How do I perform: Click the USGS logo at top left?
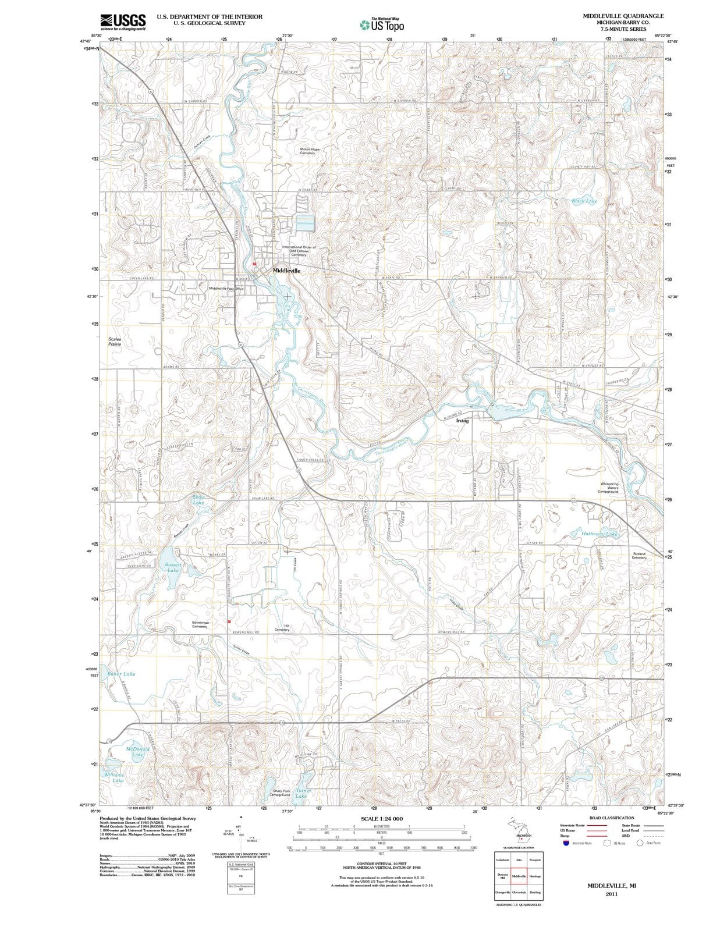[x=123, y=22]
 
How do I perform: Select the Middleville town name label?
[x=287, y=271]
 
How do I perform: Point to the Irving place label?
[x=462, y=420]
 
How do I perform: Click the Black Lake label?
[x=584, y=201]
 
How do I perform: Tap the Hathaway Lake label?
[x=599, y=534]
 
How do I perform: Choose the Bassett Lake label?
[x=173, y=567]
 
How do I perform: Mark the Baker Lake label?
[x=121, y=674]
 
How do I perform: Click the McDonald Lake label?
[x=138, y=752]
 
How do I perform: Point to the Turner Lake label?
[x=303, y=794]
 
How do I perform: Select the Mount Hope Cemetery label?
[x=310, y=151]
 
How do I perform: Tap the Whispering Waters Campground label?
[x=608, y=488]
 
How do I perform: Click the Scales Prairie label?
[x=115, y=342]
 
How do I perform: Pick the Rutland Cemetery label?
[x=638, y=556]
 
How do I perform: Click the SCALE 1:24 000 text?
[x=381, y=819]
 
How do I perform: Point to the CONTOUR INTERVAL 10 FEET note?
[x=381, y=864]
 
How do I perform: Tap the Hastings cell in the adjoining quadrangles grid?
[x=535, y=876]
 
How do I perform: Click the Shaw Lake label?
[x=198, y=499]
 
